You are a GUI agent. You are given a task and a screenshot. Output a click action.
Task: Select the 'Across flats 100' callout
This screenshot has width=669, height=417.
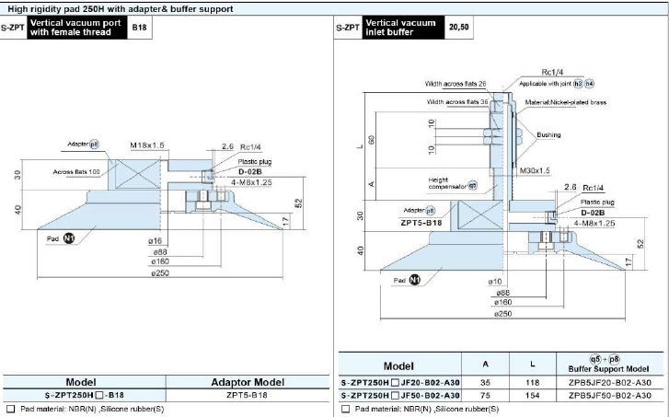tap(75, 172)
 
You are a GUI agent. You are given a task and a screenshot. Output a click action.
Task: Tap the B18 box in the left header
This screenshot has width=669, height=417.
tap(139, 29)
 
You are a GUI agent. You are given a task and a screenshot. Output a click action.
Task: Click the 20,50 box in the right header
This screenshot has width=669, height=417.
tap(457, 29)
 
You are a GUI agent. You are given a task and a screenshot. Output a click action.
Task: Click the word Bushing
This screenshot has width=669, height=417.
tap(548, 135)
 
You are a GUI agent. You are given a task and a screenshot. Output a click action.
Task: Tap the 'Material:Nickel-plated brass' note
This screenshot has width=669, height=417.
tap(566, 102)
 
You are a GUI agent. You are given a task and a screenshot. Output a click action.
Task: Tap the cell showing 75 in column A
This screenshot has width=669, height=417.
tap(485, 395)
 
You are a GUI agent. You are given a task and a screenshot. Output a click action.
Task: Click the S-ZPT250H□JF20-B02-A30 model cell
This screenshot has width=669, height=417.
tap(398, 382)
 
